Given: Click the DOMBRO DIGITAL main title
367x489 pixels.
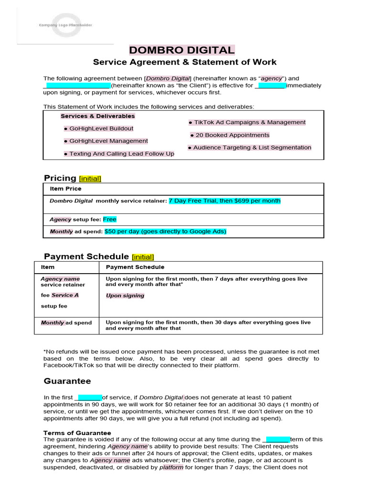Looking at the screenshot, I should coord(182,50).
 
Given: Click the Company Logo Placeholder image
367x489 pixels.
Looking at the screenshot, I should coord(65,25).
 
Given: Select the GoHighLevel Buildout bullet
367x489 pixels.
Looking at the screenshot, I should coord(98,128).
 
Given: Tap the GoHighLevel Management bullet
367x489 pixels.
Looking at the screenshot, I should coord(106,141).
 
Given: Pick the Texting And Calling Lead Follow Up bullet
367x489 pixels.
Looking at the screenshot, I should coord(119,154).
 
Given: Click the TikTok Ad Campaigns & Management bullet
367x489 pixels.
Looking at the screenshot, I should coord(247,122).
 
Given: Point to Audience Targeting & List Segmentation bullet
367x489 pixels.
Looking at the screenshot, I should coord(249,148).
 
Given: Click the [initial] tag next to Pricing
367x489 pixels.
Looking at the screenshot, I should coord(90,179).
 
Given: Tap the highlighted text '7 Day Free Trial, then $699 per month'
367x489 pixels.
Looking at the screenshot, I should coord(225,201).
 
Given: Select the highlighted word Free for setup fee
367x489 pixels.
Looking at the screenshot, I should coord(109,219).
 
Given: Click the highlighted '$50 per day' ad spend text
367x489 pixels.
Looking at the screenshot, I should coord(165,232).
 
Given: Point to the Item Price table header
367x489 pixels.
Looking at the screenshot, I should coord(65,189).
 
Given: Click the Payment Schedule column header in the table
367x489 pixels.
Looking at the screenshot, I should coord(135,267).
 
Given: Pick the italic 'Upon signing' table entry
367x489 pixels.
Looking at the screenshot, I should coord(125,296).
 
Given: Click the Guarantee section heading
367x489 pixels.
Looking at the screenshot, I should coord(67,381).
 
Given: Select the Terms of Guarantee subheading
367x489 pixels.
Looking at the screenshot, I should coord(77,433).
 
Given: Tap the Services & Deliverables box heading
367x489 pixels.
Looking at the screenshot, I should coord(97,116).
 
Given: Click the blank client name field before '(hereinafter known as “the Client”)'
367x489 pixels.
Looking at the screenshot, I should coord(77,85).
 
